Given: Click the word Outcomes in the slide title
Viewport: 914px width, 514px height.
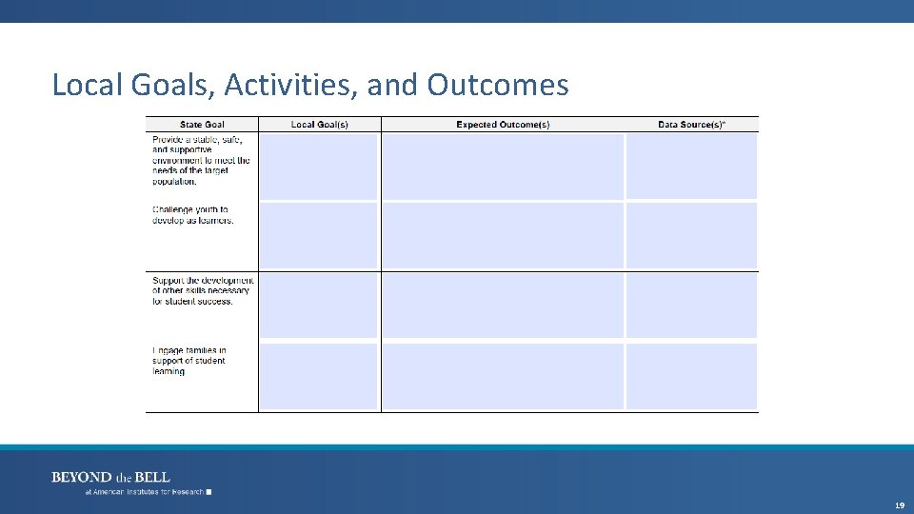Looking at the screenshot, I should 498,86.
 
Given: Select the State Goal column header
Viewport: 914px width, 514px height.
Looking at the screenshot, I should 202,125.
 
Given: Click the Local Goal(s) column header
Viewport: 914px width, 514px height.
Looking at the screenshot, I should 319,125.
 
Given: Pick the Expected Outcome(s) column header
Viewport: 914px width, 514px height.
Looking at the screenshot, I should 503,125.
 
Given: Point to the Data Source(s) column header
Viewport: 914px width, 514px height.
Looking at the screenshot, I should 691,125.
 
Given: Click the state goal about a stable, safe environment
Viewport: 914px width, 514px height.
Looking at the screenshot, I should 201,160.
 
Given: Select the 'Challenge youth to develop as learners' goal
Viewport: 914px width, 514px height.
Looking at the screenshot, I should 192,215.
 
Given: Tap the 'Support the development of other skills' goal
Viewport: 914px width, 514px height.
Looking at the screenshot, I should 203,290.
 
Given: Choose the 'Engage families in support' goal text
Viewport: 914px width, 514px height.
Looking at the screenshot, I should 189,361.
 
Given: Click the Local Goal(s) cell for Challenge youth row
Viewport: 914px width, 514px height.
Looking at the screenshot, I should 319,235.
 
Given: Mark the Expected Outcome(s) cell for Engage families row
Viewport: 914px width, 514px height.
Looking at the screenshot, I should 503,376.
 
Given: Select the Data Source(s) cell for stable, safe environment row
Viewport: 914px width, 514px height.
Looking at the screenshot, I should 691,166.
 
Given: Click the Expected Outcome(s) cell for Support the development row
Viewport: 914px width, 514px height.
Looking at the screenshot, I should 503,306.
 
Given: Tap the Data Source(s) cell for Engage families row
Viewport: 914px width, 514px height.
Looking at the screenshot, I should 691,376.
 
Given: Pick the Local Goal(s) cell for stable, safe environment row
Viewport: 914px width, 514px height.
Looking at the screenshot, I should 319,166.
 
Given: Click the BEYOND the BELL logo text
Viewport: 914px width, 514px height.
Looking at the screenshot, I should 110,477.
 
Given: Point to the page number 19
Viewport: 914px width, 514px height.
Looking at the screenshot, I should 899,505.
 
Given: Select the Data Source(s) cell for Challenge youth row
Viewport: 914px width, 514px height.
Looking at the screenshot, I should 691,235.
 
